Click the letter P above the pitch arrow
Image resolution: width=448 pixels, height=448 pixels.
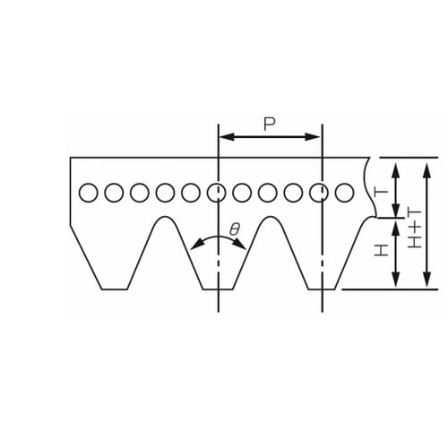pyautogui.click(x=270, y=125)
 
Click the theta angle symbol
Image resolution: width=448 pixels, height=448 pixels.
pyautogui.click(x=235, y=229)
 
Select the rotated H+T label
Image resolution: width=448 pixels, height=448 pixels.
pyautogui.click(x=415, y=228)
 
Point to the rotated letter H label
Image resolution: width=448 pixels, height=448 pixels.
pyautogui.click(x=381, y=250)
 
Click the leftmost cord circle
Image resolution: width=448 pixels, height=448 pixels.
pyautogui.click(x=89, y=193)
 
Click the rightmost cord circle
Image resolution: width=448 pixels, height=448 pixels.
pyautogui.click(x=344, y=193)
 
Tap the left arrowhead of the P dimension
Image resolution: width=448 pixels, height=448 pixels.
pyautogui.click(x=227, y=137)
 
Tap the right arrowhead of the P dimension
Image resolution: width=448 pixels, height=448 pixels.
pyautogui.click(x=313, y=137)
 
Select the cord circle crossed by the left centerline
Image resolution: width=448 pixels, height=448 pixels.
pyautogui.click(x=216, y=193)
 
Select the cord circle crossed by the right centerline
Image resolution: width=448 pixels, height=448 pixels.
pyautogui.click(x=319, y=193)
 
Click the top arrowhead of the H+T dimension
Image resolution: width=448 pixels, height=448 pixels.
pyautogui.click(x=427, y=171)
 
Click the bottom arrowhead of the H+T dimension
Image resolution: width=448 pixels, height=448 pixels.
pyautogui.click(x=427, y=279)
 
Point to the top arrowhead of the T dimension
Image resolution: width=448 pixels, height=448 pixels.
pyautogui.click(x=396, y=171)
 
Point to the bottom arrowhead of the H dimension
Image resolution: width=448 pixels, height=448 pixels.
pyautogui.click(x=396, y=279)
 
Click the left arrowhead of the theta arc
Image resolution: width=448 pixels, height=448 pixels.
pyautogui.click(x=196, y=245)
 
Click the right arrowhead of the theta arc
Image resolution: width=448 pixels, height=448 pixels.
pyautogui.click(x=241, y=245)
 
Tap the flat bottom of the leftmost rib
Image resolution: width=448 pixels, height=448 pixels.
pyautogui.click(x=115, y=289)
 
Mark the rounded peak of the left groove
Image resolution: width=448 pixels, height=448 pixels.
pyautogui.click(x=165, y=217)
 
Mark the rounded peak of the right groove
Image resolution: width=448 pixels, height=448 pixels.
pyautogui.click(x=271, y=217)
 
